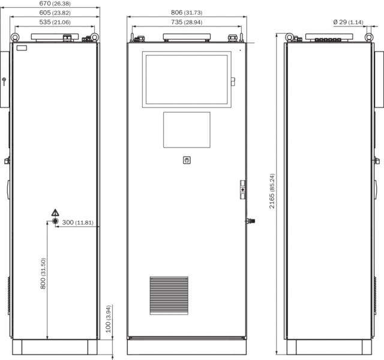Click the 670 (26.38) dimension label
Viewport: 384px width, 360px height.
coord(55,4)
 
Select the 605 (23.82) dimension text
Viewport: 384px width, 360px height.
coord(55,13)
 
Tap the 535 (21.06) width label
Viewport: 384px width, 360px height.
coord(55,22)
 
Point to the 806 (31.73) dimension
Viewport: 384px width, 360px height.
coord(187,13)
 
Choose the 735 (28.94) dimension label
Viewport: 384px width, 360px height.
coord(187,22)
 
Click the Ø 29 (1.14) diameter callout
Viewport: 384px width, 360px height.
coord(348,22)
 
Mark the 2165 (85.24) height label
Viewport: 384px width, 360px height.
coord(272,191)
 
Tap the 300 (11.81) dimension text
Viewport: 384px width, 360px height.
coord(77,223)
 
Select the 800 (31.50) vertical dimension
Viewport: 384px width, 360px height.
coord(43,274)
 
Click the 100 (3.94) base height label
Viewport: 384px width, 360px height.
coord(108,319)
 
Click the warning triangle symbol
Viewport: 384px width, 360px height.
coord(55,212)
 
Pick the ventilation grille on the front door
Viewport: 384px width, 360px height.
coord(169,296)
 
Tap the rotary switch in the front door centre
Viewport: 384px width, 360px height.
coord(187,160)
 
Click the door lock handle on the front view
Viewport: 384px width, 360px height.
coord(242,190)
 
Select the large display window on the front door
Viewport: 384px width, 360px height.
coord(187,80)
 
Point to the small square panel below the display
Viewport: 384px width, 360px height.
coord(187,130)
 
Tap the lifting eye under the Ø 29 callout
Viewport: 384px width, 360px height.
coord(369,37)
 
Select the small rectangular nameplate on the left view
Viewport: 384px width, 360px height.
coord(22,48)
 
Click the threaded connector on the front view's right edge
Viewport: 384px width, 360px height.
coord(251,221)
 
